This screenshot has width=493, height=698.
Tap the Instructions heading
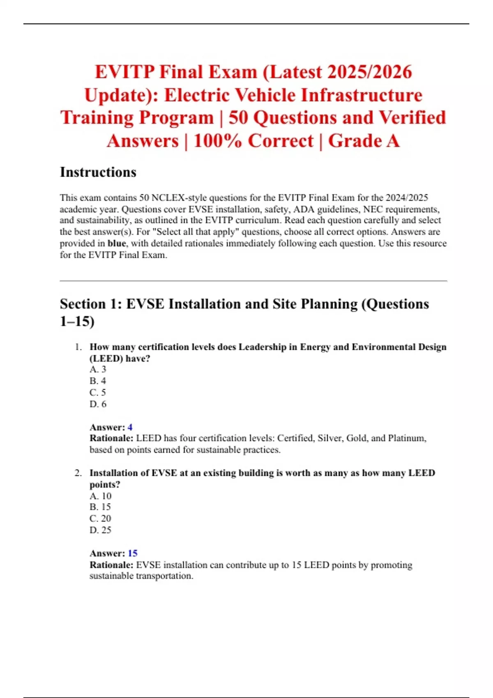(x=98, y=172)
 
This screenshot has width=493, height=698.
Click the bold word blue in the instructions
(x=117, y=243)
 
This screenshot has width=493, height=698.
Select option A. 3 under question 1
(x=98, y=370)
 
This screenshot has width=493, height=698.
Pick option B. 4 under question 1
(x=98, y=381)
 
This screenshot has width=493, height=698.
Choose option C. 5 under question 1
(x=98, y=393)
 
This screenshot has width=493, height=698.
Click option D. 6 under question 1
(x=98, y=404)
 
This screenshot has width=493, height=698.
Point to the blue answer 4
(x=130, y=427)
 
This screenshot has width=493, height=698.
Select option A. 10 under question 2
(x=100, y=496)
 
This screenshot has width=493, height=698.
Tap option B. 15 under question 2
(x=100, y=507)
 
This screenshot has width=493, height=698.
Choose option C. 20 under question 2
(x=100, y=519)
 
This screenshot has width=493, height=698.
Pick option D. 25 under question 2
(x=100, y=530)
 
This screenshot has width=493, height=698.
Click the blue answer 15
(x=133, y=553)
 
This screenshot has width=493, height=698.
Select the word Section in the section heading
(x=83, y=304)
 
